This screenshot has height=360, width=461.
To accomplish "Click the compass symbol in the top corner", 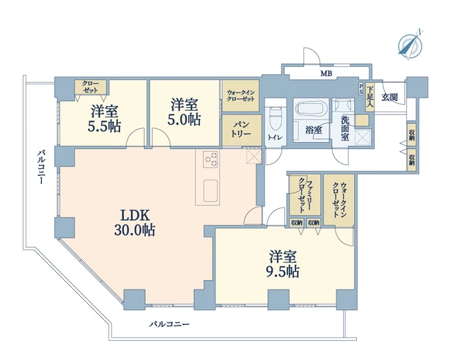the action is (x=410, y=45).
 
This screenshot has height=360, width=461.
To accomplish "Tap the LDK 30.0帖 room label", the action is (x=135, y=223).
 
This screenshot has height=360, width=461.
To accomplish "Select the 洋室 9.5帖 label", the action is (x=283, y=264).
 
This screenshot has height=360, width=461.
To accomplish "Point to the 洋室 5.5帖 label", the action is (x=104, y=119).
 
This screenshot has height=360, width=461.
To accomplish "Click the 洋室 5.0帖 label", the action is (x=185, y=112).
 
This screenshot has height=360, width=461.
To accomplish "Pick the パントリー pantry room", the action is (x=242, y=130).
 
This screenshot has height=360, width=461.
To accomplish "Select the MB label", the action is (x=326, y=73).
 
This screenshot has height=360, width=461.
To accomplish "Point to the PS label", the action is (x=361, y=89).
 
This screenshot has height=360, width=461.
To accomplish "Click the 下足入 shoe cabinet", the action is (x=369, y=97).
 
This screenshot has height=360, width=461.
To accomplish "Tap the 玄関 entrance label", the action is (x=390, y=97).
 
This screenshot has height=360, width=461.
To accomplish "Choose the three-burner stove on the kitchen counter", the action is (x=211, y=159).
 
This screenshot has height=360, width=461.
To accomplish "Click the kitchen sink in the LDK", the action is (x=210, y=191).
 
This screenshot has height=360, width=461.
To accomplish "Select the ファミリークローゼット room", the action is (x=305, y=195).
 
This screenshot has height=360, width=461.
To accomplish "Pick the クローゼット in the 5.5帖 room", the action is (x=90, y=87).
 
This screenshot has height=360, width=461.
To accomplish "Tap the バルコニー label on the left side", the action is (x=41, y=167).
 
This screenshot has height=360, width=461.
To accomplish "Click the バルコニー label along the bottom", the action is (x=169, y=324).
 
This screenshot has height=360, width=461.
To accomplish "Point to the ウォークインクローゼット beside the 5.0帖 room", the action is (x=240, y=96).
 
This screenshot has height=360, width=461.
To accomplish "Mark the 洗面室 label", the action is (x=345, y=128).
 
